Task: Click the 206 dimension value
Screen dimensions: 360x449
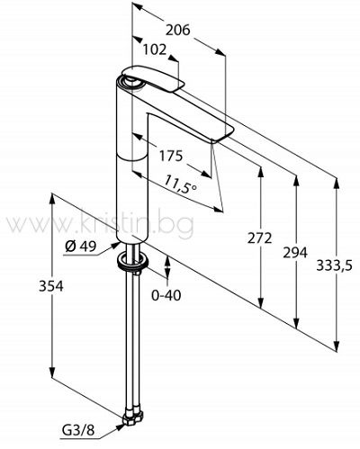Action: (x=178, y=30)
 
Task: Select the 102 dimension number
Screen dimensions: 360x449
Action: (x=154, y=49)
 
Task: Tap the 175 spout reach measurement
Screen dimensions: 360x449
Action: (x=170, y=156)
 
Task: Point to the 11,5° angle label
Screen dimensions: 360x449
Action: (x=181, y=184)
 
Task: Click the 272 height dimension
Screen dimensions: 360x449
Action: (x=260, y=238)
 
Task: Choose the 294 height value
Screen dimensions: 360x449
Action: (x=295, y=253)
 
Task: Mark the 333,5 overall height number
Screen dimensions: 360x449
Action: (x=334, y=265)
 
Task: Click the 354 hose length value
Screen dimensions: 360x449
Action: (x=51, y=286)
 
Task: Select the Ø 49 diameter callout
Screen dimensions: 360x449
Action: (x=81, y=247)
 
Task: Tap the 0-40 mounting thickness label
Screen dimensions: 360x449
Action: (x=166, y=295)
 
